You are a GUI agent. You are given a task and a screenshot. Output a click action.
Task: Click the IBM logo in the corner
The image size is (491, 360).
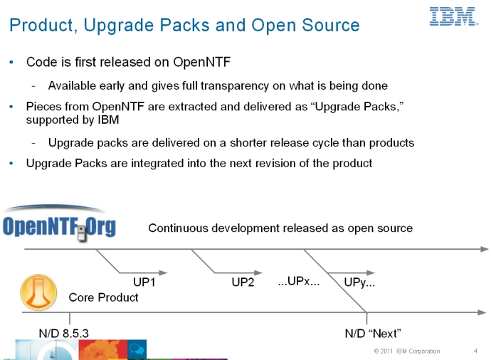pos(453,16)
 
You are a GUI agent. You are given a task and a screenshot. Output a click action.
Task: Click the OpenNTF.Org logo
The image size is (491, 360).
pos(59,226)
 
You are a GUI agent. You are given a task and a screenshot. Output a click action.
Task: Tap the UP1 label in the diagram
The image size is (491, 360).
pos(144,282)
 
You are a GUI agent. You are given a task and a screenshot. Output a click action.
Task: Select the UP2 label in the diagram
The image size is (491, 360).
pos(243,282)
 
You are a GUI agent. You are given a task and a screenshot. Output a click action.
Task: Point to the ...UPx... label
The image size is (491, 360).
pos(298,281)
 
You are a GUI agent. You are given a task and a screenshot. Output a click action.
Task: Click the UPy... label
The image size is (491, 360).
pos(359,282)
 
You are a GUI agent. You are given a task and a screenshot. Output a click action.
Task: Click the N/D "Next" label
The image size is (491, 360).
pos(373,333)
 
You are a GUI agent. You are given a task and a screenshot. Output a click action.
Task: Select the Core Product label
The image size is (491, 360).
pos(103,297)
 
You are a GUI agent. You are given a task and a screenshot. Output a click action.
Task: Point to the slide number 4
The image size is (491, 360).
pos(475,351)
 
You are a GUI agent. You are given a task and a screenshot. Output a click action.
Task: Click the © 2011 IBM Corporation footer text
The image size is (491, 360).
pos(406,351)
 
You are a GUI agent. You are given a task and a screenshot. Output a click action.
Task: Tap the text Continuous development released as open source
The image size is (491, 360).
pos(280,228)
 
